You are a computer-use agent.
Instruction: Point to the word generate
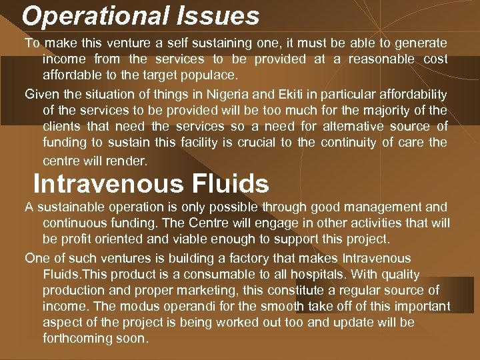point(421,43)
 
